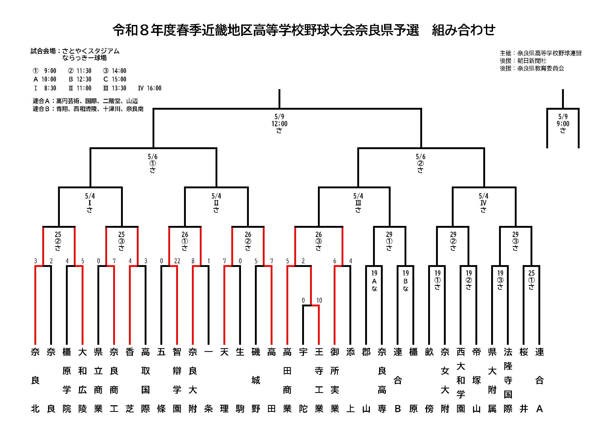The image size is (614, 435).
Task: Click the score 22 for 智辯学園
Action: tap(177, 261)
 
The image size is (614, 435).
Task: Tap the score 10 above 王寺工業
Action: tap(319, 300)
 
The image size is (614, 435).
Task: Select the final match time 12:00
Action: tap(280, 124)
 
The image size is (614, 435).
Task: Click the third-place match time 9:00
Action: tap(563, 124)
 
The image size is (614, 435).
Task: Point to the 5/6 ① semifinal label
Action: tap(153, 163)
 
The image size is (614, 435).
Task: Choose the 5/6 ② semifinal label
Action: tap(420, 163)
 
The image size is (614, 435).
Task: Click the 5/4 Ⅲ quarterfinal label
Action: tap(358, 203)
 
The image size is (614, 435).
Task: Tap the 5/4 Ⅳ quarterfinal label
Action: tap(483, 203)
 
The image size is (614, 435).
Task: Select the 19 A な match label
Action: tap(374, 280)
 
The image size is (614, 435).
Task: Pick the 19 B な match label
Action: tap(405, 280)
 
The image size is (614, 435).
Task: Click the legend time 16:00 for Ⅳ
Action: tap(154, 88)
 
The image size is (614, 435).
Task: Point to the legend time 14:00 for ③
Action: tap(119, 71)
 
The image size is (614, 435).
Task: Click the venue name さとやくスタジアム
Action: tap(91, 51)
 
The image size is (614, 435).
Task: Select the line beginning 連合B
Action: tap(88, 109)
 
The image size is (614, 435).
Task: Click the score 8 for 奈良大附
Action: tap(193, 261)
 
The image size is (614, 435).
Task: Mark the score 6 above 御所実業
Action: tap(334, 261)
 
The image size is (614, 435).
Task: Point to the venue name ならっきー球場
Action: tap(85, 58)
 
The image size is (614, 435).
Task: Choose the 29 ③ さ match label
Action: tap(515, 241)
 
